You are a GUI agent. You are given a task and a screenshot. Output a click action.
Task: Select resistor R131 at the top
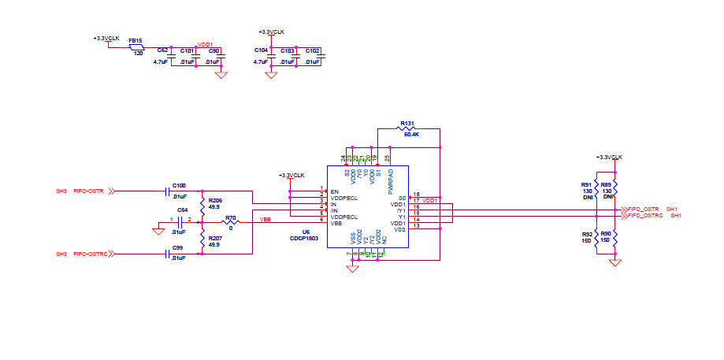408,128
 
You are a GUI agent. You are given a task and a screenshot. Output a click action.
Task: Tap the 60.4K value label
411,135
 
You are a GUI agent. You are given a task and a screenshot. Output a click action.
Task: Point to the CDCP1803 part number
303,237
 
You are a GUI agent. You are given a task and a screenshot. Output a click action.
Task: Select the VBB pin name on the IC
336,224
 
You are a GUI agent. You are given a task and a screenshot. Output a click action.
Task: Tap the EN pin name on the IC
334,191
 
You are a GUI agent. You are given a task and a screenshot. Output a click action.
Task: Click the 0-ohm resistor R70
231,222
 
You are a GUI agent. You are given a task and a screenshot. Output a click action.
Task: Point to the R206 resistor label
215,201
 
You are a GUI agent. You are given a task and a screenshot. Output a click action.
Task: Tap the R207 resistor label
215,237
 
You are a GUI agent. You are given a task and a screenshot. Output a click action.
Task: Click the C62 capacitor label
163,50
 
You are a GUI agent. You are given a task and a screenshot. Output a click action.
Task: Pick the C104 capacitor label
260,50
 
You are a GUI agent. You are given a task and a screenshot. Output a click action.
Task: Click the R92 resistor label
587,234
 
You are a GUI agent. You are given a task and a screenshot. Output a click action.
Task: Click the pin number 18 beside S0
416,195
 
